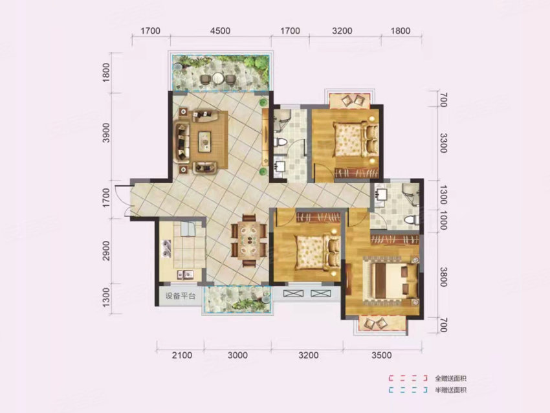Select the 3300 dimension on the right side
443,140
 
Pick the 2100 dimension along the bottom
182,355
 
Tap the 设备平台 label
179,297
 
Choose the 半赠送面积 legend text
450,390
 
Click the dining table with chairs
249,240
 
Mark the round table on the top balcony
219,78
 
